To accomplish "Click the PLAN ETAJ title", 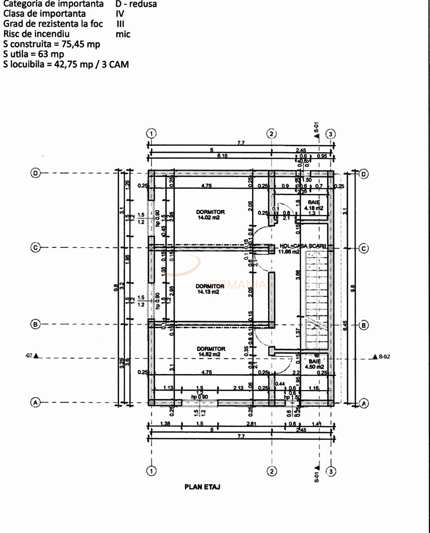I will [x=202, y=486].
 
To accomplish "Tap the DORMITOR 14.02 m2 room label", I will [x=210, y=214].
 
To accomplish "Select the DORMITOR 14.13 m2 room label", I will [x=210, y=289].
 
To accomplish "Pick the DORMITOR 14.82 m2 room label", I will [x=211, y=351].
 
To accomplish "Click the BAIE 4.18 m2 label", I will [x=314, y=205].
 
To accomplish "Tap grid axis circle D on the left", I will [x=36, y=173].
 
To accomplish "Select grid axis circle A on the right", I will [x=363, y=403].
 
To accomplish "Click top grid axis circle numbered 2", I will [x=272, y=134].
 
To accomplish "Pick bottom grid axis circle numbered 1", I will [x=151, y=471].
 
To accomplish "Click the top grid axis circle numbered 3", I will [x=331, y=134].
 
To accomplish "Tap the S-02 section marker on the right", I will [x=381, y=357].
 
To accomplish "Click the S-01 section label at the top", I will [x=317, y=128].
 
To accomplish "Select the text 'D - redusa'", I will [x=136, y=4].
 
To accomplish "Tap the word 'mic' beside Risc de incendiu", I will [x=123, y=34].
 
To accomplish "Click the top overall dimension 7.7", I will [x=241, y=143].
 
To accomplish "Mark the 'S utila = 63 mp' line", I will [x=33, y=54].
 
